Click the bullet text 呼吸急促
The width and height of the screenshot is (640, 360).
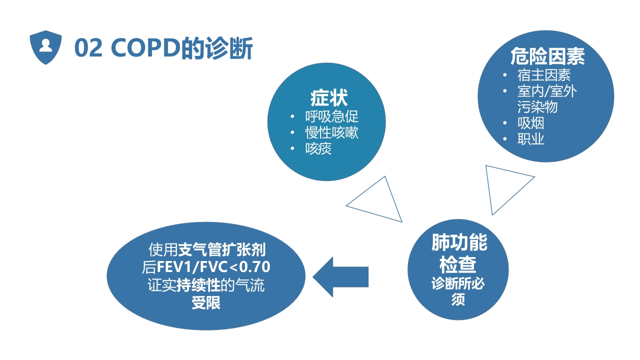332,117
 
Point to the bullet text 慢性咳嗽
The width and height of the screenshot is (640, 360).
332,133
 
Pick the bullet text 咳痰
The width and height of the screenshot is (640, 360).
318,149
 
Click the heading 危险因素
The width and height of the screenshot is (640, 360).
547,56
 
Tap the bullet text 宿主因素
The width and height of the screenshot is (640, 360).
544,75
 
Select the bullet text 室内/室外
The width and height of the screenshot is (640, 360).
547,91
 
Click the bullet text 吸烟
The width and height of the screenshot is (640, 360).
530,123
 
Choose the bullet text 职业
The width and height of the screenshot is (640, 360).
530,139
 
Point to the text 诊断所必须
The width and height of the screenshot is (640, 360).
458,291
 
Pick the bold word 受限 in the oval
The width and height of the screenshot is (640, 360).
206,303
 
